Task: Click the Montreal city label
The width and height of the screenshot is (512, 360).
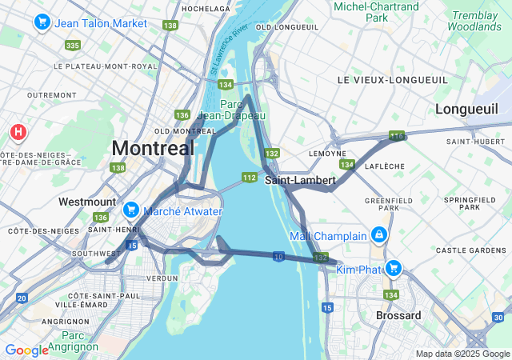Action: point(153,148)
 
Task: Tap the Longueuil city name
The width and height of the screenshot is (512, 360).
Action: point(466,109)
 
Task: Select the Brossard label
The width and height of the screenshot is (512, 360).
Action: point(398,315)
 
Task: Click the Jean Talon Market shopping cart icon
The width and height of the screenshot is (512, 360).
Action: point(42,23)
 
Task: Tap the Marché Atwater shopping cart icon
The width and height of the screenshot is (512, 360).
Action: point(130,210)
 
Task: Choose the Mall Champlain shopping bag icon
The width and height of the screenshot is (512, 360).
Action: point(378,236)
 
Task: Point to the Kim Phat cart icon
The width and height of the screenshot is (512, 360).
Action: point(393,268)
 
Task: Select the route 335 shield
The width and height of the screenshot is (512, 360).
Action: point(73,46)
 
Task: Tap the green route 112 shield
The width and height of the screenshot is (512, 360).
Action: point(250,177)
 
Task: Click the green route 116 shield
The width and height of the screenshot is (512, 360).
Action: point(397,137)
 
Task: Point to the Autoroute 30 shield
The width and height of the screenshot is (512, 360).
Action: point(498,318)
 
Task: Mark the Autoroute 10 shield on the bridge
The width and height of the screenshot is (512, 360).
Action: point(278,256)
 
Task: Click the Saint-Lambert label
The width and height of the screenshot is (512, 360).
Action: point(300,180)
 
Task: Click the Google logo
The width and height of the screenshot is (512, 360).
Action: point(26,350)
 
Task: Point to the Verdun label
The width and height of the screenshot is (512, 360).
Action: point(162,278)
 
